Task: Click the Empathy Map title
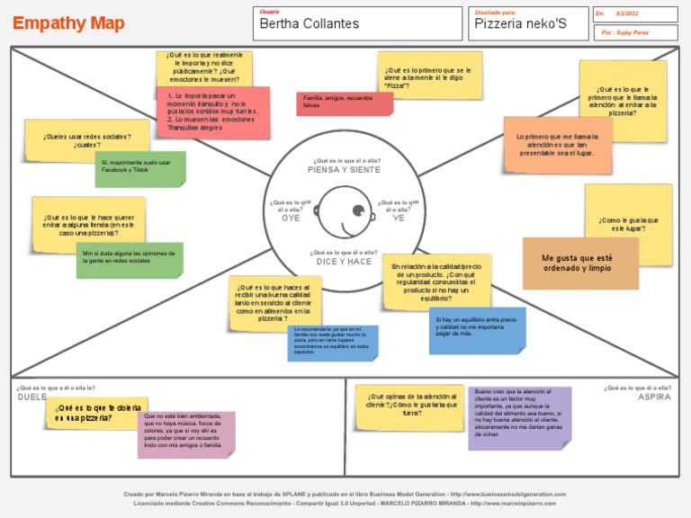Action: (x=68, y=23)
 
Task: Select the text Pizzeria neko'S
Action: (x=520, y=24)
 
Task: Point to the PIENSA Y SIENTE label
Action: (x=344, y=169)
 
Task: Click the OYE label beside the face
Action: (x=291, y=219)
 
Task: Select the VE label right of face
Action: (x=399, y=219)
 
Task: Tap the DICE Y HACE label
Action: (x=344, y=262)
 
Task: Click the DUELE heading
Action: (x=32, y=397)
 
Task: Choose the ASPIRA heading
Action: (x=654, y=397)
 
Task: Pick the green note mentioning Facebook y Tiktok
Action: (x=140, y=169)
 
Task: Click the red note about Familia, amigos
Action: (x=345, y=103)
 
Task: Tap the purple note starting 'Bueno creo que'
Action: (x=519, y=417)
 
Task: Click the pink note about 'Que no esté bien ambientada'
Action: (x=187, y=433)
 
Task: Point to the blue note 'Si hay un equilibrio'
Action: (x=477, y=329)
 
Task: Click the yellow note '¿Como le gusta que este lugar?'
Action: (x=628, y=223)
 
